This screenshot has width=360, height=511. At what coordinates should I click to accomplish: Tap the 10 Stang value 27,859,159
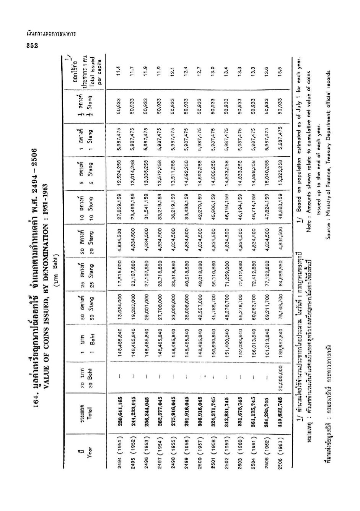[x=119, y=209]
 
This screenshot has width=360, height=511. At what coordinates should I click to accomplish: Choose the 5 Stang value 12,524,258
[x=119, y=175]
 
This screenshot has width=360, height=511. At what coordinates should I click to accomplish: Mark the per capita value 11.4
[x=119, y=70]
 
